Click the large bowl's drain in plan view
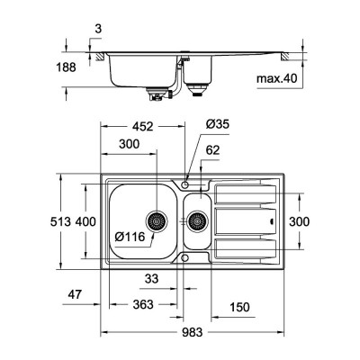pyautogui.click(x=157, y=220)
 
